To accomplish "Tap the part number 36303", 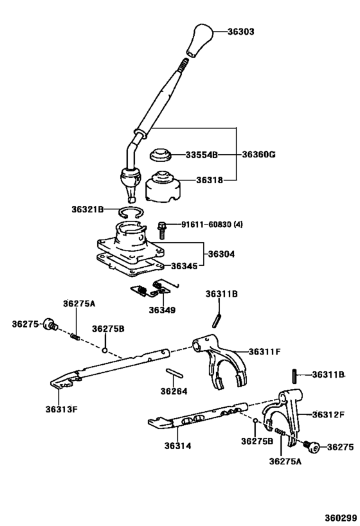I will coord(241,31).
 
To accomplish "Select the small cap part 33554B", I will coord(159,155).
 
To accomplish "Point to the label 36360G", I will coord(258,155).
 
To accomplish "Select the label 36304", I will coord(221,254).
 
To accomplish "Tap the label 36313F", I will coord(62,408).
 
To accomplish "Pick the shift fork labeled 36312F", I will coord(287,414).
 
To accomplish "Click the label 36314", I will coord(177,446).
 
